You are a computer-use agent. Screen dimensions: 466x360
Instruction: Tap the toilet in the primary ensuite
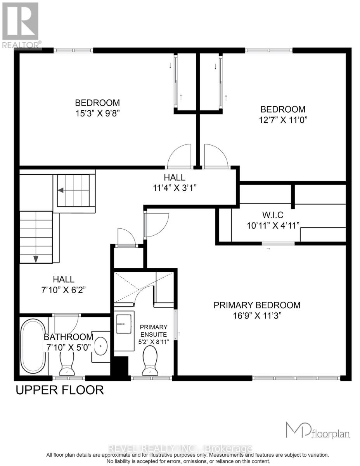[150, 361]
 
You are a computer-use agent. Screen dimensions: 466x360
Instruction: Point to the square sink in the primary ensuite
[125, 323]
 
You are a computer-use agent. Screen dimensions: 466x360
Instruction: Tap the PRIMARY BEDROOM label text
[257, 305]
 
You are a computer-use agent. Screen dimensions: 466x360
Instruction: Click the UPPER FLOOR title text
[59, 390]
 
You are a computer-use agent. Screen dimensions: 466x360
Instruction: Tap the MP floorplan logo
[317, 431]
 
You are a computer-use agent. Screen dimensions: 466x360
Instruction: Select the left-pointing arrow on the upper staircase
[61, 190]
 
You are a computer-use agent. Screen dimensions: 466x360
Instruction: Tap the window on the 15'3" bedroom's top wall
[73, 50]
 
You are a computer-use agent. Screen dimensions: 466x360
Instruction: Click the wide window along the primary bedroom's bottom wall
[296, 377]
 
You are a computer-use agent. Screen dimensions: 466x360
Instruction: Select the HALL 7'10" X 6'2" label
[64, 284]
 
